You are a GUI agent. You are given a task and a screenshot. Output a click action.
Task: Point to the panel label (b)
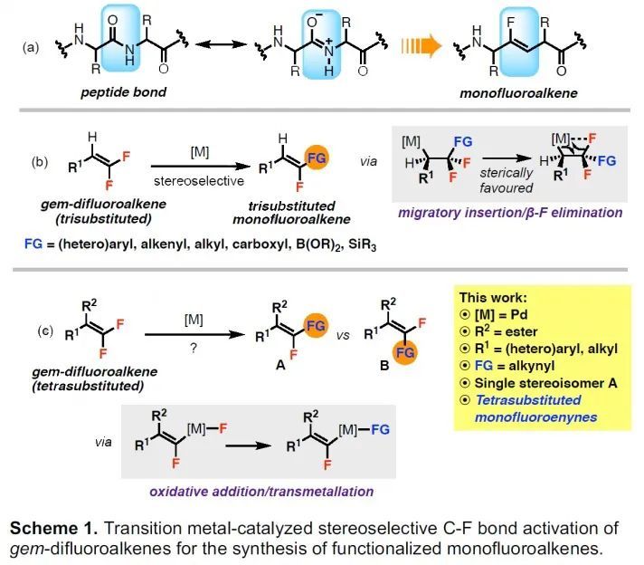point(40,163)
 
